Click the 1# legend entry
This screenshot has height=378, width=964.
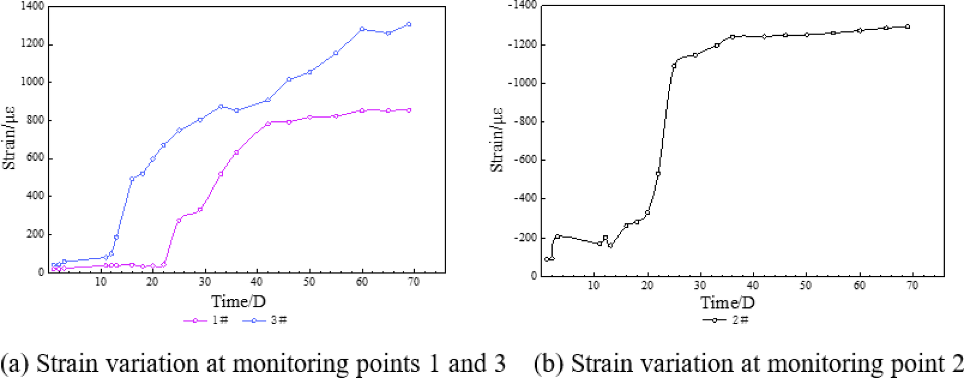click(x=207, y=320)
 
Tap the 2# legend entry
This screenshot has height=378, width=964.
click(x=726, y=320)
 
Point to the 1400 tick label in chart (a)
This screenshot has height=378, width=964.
click(x=32, y=6)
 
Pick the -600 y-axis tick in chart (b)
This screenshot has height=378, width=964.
click(x=524, y=160)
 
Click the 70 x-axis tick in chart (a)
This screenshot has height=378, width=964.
click(x=413, y=282)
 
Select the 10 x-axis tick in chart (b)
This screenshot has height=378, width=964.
click(x=594, y=285)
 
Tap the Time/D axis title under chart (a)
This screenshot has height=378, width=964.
click(x=238, y=302)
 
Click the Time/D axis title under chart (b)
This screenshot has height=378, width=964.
click(x=727, y=303)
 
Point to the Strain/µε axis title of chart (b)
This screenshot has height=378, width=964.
click(x=496, y=140)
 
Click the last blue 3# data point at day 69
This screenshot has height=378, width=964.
click(x=409, y=24)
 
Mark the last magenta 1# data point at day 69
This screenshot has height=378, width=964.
click(x=409, y=110)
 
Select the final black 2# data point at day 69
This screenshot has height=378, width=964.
click(x=907, y=27)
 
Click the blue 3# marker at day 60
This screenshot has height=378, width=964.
click(x=362, y=29)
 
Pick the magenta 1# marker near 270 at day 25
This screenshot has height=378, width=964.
click(x=179, y=220)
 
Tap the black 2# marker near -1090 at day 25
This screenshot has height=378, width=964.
click(x=674, y=66)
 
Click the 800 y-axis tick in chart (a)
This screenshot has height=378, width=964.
click(x=36, y=120)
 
